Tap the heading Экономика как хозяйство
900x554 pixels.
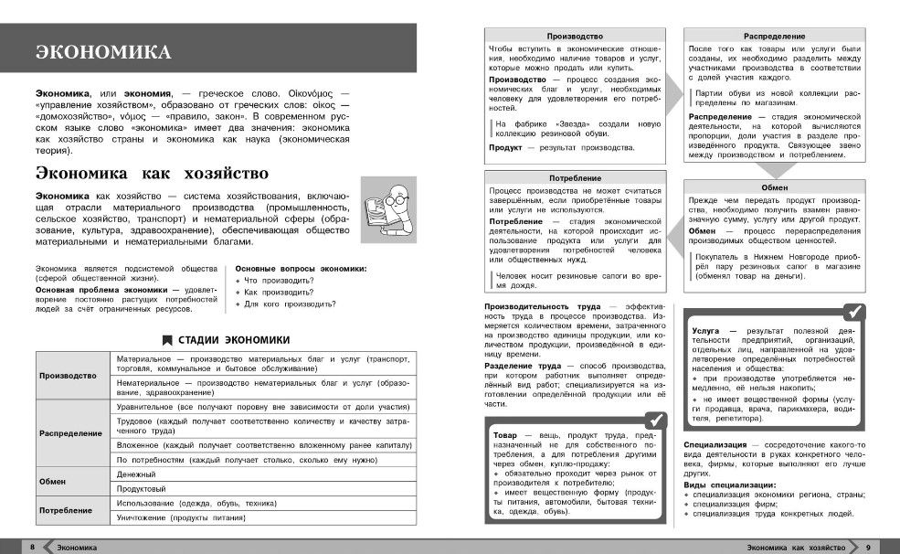pos(152,173)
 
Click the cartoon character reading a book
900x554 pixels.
pos(383,209)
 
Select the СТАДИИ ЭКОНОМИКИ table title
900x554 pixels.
pos(225,338)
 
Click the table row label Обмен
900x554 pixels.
pos(53,482)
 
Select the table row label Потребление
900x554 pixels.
pos(66,510)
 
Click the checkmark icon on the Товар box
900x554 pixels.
pos(654,420)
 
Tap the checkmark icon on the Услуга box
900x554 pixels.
pos(854,311)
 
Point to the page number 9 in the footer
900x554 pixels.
pos(868,547)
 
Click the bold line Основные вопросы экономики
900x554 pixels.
pos(301,268)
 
